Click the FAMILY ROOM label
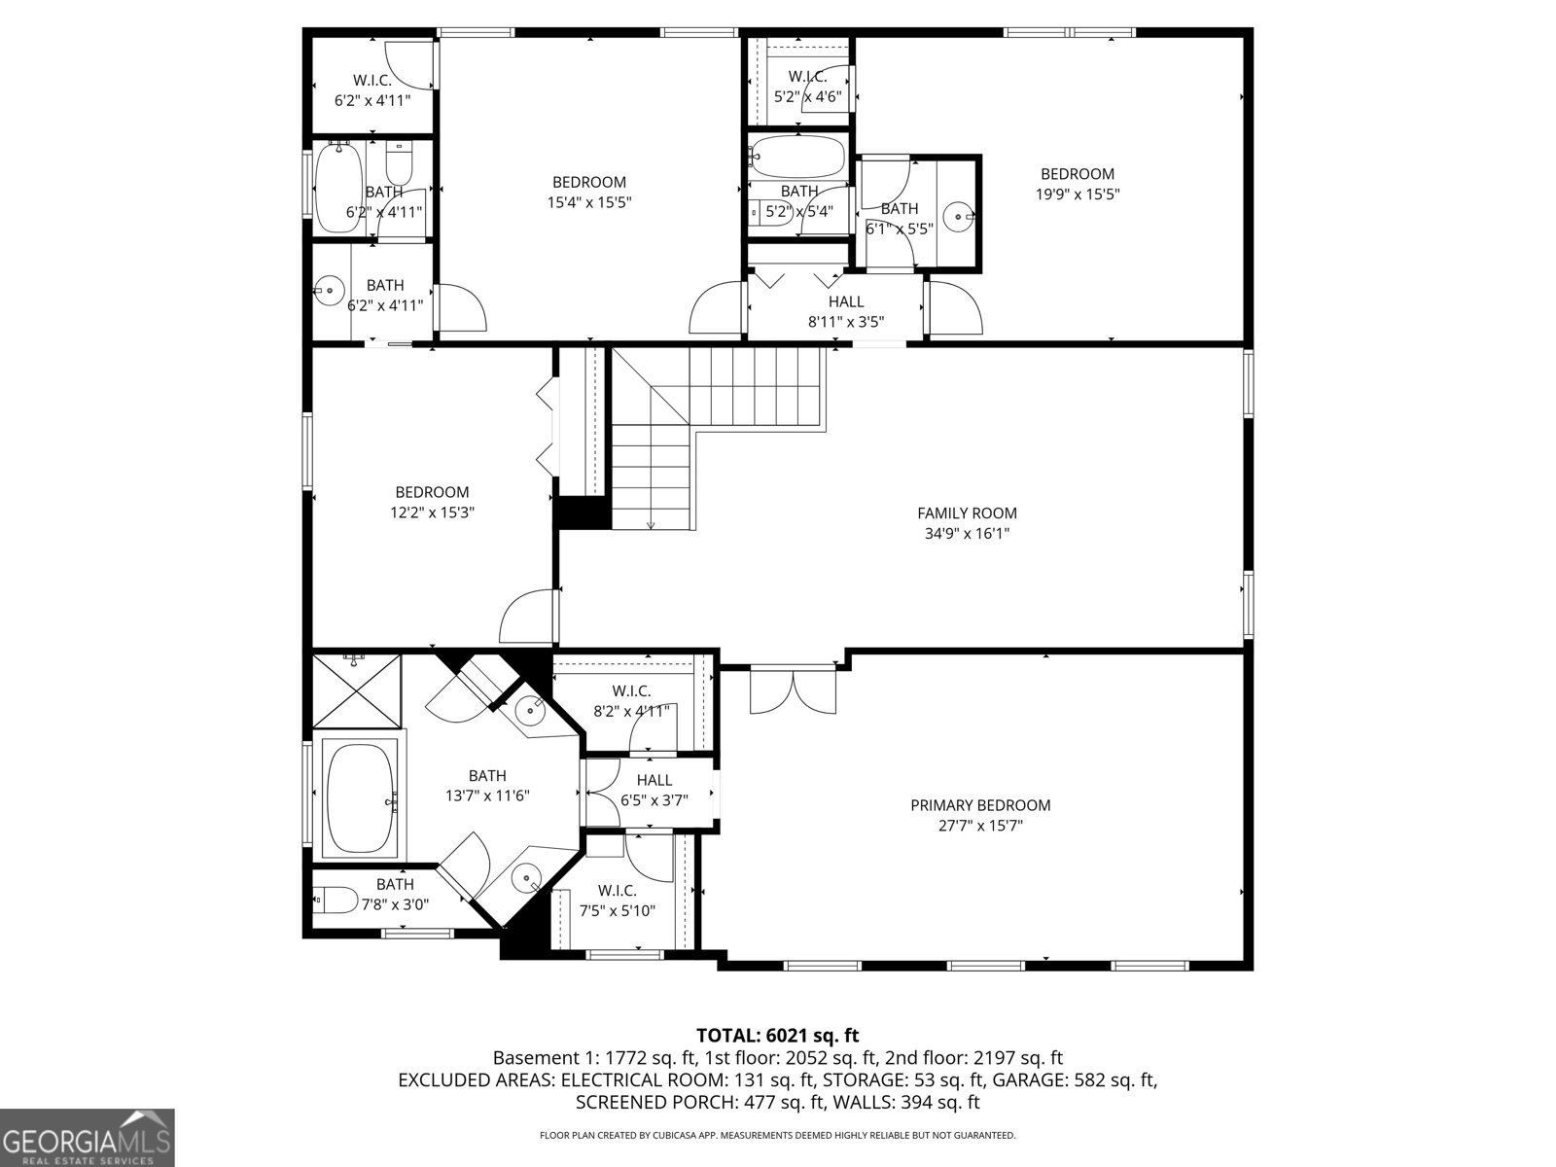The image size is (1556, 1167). pyautogui.click(x=967, y=513)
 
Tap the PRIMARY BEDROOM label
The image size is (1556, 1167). pyautogui.click(x=980, y=805)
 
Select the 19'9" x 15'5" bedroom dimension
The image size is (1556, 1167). pyautogui.click(x=1078, y=194)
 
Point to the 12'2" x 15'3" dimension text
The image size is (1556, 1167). pyautogui.click(x=432, y=513)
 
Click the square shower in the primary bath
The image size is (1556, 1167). pyautogui.click(x=356, y=691)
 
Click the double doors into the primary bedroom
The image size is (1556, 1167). pyautogui.click(x=793, y=690)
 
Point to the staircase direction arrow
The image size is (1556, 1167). pyautogui.click(x=651, y=523)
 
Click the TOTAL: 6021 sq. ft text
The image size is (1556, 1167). pyautogui.click(x=777, y=1036)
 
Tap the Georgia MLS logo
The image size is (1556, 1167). pyautogui.click(x=87, y=1138)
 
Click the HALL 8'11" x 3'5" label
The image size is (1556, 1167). pyautogui.click(x=845, y=311)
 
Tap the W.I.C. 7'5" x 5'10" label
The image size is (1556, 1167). pyautogui.click(x=617, y=901)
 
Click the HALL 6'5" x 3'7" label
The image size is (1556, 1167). pyautogui.click(x=654, y=790)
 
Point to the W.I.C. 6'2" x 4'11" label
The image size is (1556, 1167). pyautogui.click(x=371, y=90)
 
